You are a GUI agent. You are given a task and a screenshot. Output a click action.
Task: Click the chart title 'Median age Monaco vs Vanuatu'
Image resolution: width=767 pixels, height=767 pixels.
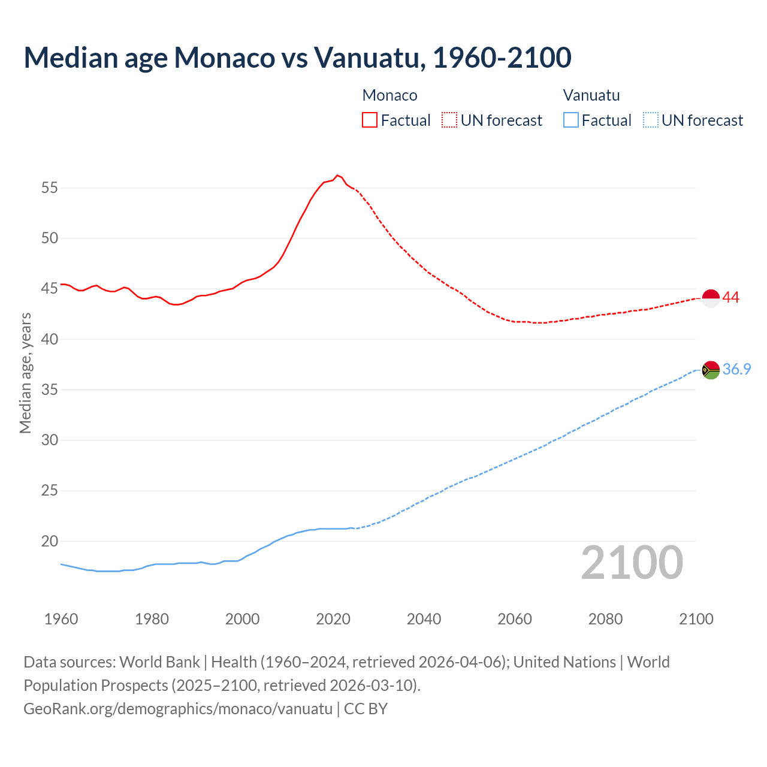[x=297, y=58]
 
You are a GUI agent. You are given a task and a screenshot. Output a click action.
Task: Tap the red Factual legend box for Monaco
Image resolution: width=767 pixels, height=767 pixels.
[x=370, y=120]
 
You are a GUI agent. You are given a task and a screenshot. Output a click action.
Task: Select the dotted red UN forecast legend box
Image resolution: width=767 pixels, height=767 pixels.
[x=449, y=120]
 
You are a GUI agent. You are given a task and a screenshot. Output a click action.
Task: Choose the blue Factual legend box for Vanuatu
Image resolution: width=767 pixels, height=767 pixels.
[x=571, y=120]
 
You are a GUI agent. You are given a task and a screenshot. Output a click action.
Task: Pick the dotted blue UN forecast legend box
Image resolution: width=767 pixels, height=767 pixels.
[x=651, y=120]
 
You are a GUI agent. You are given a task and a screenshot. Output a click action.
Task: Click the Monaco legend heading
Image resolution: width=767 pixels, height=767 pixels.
[x=389, y=95]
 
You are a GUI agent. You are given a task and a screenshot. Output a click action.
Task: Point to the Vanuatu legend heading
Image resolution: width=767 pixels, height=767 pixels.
[x=591, y=95]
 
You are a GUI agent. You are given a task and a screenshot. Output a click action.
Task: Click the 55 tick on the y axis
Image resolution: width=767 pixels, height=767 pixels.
[x=50, y=188]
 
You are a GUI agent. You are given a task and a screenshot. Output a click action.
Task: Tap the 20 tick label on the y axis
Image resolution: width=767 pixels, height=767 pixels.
[x=50, y=542]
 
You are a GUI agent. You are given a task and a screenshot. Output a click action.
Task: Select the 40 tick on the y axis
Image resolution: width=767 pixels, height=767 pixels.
[x=50, y=340]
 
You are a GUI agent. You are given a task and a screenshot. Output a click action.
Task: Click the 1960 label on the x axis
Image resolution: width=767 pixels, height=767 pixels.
[x=61, y=619]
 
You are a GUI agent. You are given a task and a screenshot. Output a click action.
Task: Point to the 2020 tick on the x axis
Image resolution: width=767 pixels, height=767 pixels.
[x=333, y=619]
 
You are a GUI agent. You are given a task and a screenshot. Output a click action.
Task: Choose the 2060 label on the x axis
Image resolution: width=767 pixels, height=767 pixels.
[x=515, y=619]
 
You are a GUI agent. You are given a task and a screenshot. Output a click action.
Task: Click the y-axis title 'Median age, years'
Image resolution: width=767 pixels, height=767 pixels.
[x=25, y=373]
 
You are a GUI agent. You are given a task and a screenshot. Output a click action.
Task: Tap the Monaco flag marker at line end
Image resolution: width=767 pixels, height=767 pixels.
[x=711, y=298]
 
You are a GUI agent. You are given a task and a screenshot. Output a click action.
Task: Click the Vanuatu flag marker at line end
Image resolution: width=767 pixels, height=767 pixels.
[x=711, y=370]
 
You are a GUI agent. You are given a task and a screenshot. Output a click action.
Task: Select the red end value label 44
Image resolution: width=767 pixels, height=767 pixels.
[x=730, y=298]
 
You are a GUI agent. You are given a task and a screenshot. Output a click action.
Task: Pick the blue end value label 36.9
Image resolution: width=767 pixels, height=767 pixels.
[x=736, y=370]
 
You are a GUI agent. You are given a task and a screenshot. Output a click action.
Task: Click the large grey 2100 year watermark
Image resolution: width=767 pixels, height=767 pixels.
[x=632, y=563]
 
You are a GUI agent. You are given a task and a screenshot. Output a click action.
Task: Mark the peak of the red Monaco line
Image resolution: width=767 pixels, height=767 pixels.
[x=337, y=175]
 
